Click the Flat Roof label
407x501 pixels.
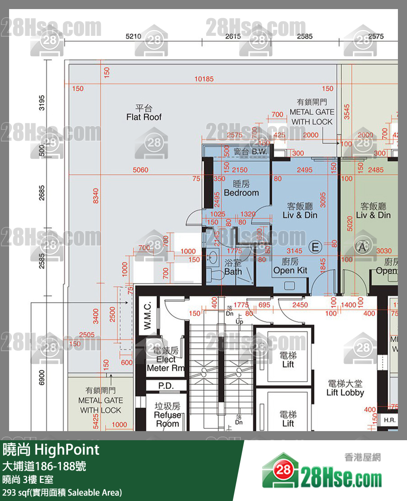coord(144,113)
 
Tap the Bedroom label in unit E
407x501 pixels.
coord(241,188)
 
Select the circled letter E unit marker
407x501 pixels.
coord(315,247)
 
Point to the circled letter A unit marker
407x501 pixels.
coord(362,247)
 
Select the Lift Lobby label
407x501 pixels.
coord(345,388)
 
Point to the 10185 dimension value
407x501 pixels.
coord(204,79)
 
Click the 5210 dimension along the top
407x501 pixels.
coord(134,36)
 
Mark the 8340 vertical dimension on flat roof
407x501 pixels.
coord(96,196)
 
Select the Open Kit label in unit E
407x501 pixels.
coord(290,266)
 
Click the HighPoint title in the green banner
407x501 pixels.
coord(51,450)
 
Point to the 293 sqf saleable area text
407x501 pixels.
coord(62,492)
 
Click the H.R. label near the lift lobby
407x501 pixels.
coord(389,420)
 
